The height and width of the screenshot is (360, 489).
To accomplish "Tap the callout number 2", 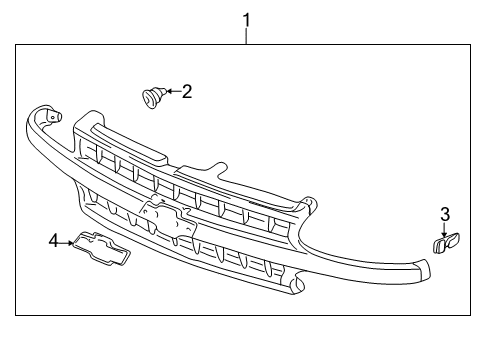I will [187, 91].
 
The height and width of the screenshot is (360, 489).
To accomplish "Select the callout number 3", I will [445, 214].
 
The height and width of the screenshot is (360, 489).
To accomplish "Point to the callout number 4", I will [54, 240].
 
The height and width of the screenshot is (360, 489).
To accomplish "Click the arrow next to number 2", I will [171, 92].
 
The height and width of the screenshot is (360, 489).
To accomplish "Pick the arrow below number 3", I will [445, 231].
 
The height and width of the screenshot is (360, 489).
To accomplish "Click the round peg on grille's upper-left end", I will [52, 118].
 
